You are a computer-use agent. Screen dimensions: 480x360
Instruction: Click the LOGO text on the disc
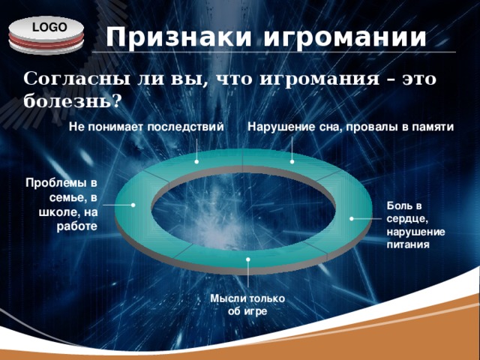49,27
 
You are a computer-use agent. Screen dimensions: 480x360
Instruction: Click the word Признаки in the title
179,37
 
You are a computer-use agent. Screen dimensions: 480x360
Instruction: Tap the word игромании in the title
345,37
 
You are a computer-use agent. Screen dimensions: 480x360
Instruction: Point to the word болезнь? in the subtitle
71,101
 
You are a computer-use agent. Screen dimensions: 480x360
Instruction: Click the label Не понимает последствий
146,127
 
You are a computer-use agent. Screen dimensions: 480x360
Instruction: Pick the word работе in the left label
76,226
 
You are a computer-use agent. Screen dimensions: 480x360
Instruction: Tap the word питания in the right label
408,245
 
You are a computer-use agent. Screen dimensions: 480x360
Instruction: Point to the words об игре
247,311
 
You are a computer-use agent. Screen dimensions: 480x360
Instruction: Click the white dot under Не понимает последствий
196,161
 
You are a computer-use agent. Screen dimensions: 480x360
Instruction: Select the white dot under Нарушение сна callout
292,161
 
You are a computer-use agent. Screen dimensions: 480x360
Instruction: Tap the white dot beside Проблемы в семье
133,205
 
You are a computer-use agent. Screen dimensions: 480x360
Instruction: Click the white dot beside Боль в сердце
352,218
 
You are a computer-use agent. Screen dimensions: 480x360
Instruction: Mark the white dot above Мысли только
248,259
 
